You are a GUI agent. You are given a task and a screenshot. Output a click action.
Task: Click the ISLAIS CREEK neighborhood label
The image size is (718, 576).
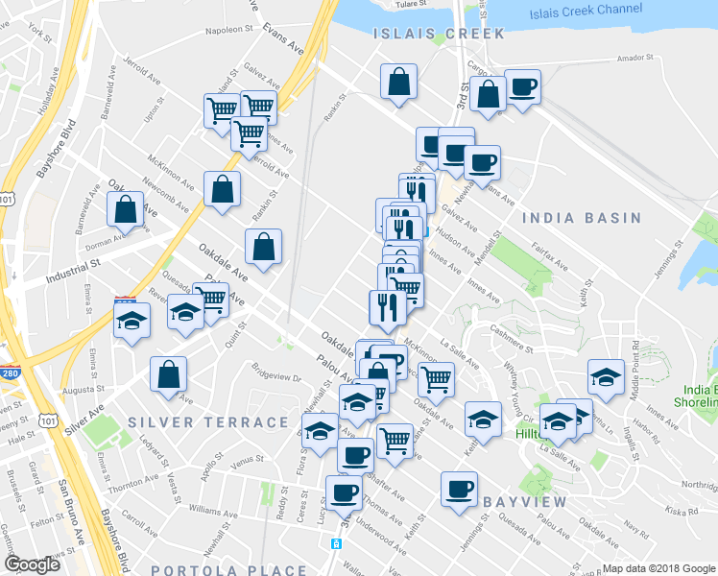point(437,34)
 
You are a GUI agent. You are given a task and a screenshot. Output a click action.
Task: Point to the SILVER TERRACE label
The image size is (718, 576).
point(207,422)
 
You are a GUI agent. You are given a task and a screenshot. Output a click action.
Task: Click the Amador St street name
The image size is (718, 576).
point(634,58)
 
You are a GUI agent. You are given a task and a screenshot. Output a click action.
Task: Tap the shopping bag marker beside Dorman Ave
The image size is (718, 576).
point(126,208)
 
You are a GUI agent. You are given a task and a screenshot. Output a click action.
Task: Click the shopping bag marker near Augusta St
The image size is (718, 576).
point(169,374)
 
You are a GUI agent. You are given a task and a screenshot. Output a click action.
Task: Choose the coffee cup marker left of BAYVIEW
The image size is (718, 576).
point(459,489)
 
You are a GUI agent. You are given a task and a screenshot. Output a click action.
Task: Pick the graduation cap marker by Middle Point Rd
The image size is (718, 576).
point(606,379)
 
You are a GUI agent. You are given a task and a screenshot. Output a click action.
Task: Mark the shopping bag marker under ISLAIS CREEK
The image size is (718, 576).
point(397,83)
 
